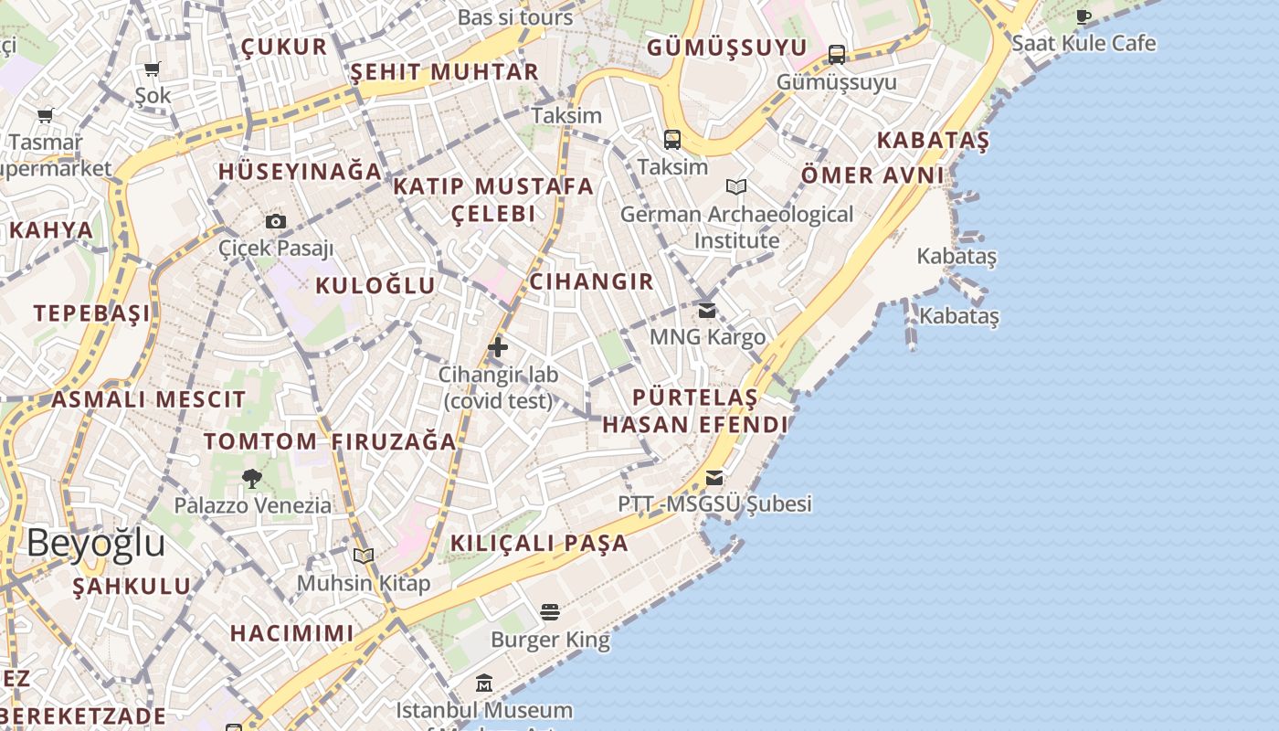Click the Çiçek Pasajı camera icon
[x=275, y=221]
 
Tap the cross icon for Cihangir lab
[x=498, y=347]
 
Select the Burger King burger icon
[x=549, y=611]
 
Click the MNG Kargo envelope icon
[x=707, y=311]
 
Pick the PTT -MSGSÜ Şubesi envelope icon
[x=714, y=478]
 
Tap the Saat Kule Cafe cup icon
[x=1083, y=16]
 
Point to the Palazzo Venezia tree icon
[x=252, y=478]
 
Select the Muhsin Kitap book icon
[x=364, y=556]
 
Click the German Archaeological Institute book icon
[x=736, y=187]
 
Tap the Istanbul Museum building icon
[x=484, y=683]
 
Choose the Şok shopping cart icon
[x=153, y=69]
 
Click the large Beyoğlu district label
[x=96, y=543]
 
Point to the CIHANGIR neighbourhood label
[x=592, y=281]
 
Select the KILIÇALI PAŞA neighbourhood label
[x=540, y=543]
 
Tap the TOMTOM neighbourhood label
[x=260, y=441]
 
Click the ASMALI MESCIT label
[x=148, y=399]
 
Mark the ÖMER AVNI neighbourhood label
[x=872, y=175]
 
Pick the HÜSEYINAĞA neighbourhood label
[x=300, y=171]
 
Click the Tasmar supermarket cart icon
[x=45, y=116]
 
